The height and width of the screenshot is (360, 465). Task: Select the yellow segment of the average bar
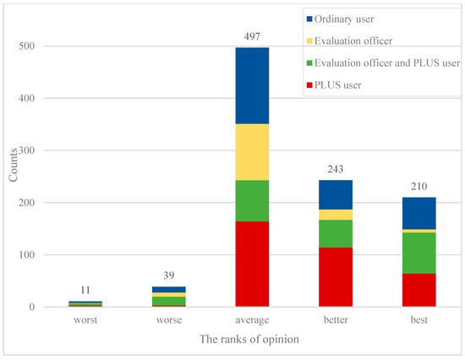coord(251,152)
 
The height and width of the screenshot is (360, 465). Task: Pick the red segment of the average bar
coord(251,264)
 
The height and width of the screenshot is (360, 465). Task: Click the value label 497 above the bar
coord(251,39)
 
